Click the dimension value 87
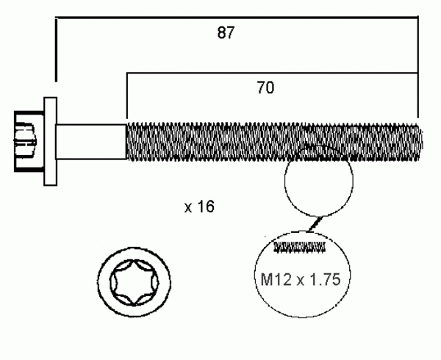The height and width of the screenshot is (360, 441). pyautogui.click(x=226, y=33)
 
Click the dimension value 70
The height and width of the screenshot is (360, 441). pyautogui.click(x=266, y=88)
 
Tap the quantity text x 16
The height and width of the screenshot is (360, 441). pyautogui.click(x=198, y=207)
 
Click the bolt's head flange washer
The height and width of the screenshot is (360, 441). pyautogui.click(x=51, y=140)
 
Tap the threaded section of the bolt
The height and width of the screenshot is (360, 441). pyautogui.click(x=272, y=140)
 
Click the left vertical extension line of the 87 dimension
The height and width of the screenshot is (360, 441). pyautogui.click(x=55, y=48)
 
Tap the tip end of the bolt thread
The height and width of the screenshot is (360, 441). pyautogui.click(x=420, y=140)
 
